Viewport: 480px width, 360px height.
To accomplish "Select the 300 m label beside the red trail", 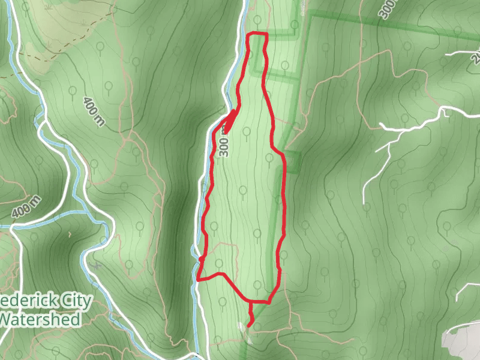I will [x=224, y=142].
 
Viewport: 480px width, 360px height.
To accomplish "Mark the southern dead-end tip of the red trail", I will [x=248, y=325].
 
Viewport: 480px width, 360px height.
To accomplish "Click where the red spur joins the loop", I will [x=250, y=301].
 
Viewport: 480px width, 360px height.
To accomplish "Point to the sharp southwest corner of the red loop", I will [x=199, y=278].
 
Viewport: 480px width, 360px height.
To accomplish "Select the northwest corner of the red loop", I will [x=250, y=35].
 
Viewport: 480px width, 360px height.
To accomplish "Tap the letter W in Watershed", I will [x=7, y=319].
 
